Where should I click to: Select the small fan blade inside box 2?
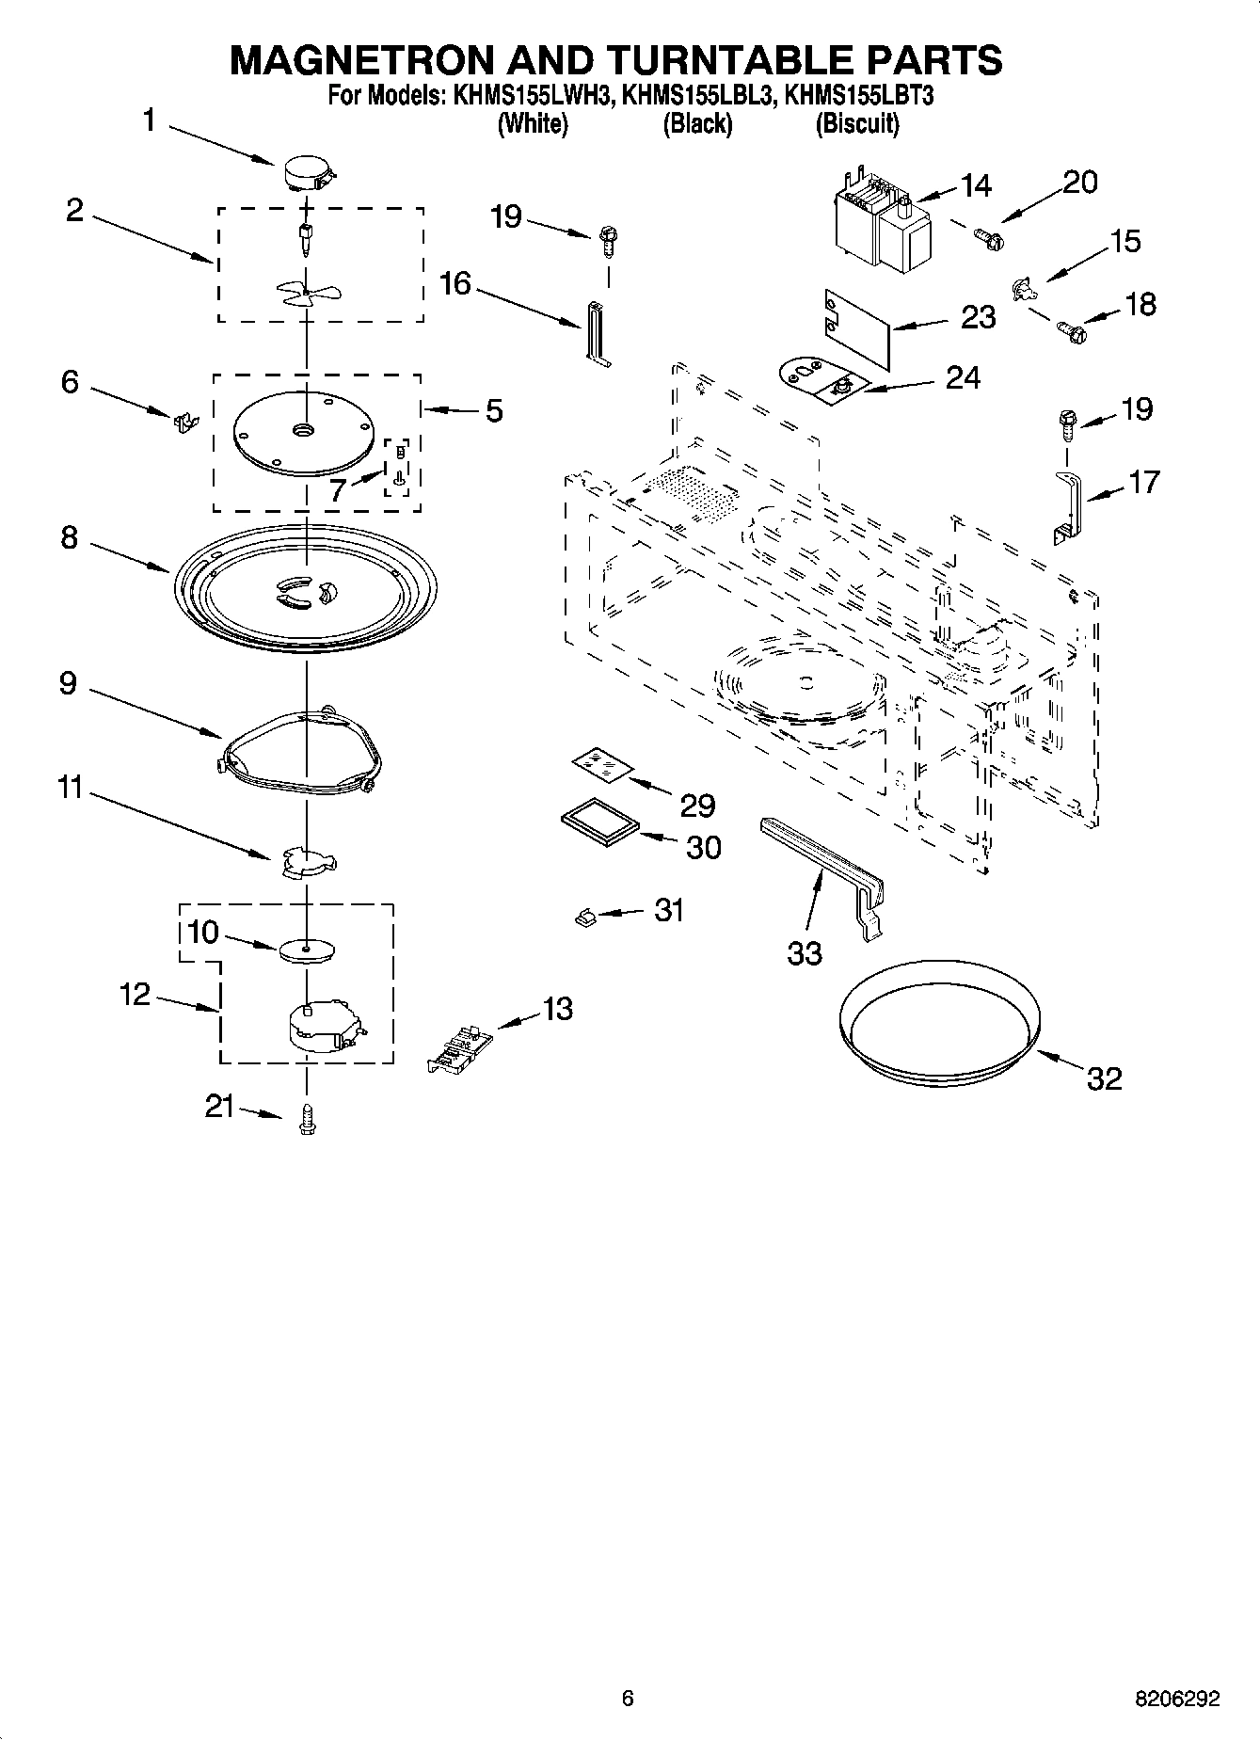coord(308,293)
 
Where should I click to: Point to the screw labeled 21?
coord(306,1119)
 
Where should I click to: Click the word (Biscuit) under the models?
coord(856,123)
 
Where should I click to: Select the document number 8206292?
coord(1175,1698)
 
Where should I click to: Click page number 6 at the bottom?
coord(628,1698)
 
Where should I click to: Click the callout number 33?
coord(805,953)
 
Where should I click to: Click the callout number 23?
coord(977,317)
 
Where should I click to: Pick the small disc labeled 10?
coord(308,950)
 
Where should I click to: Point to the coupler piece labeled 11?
coord(308,862)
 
